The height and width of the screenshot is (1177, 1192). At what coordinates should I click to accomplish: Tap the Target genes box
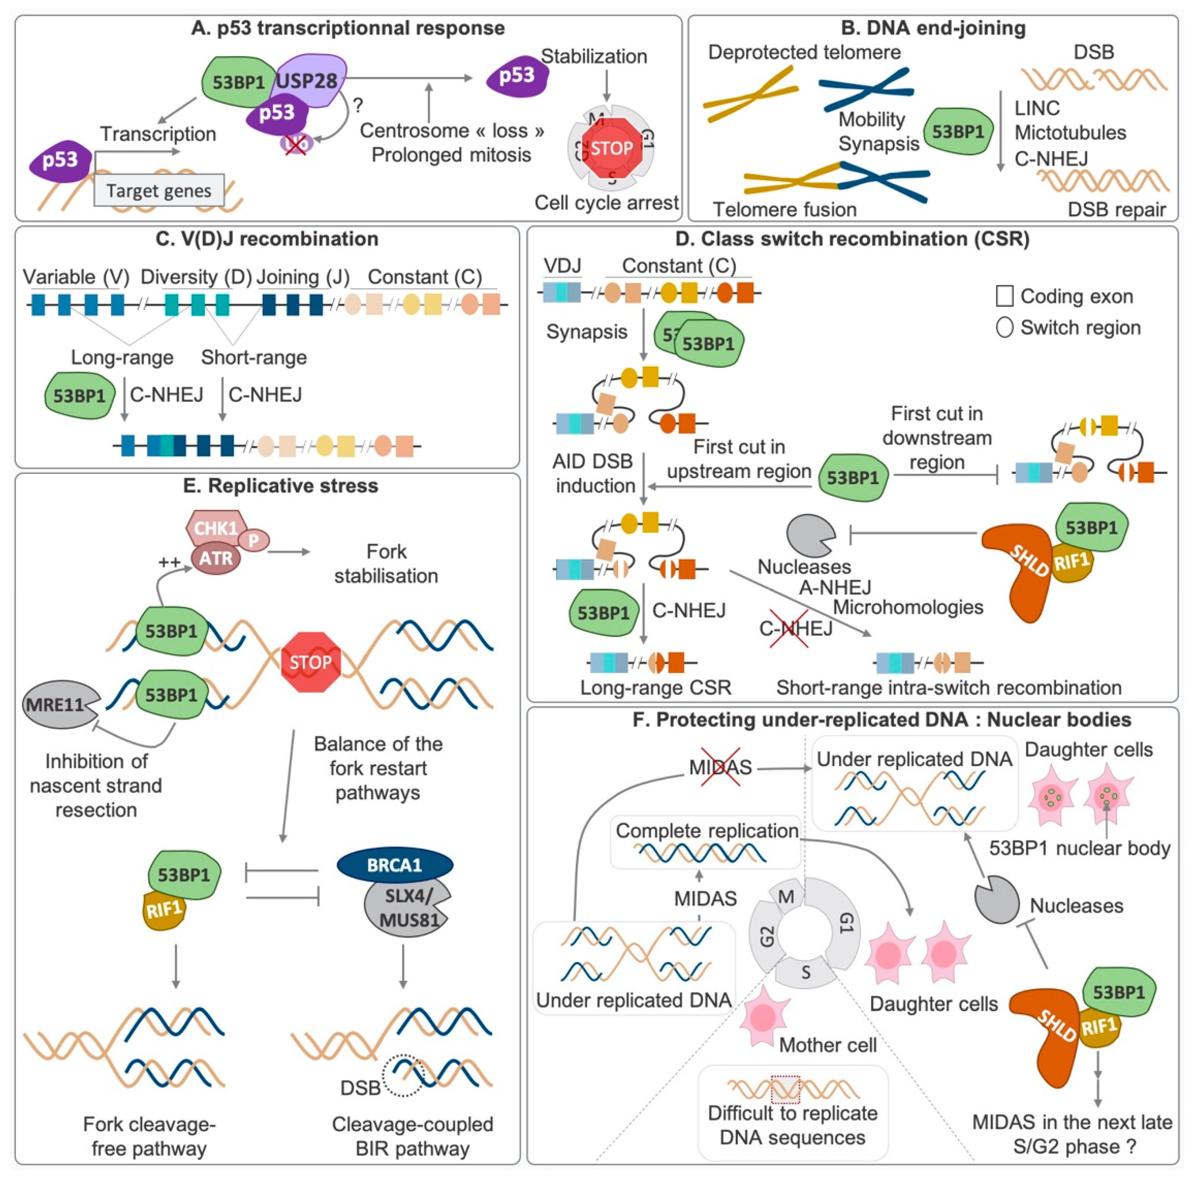click(159, 191)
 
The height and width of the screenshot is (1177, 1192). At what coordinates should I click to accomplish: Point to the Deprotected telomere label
click(804, 52)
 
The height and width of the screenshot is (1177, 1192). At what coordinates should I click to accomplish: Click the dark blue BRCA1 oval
click(395, 865)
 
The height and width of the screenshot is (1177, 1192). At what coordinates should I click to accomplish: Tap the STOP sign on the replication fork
click(310, 662)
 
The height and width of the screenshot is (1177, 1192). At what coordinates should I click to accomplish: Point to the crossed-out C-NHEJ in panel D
click(795, 628)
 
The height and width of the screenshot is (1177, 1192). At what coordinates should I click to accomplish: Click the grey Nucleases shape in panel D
click(809, 535)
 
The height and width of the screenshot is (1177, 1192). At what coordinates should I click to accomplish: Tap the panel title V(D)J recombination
click(267, 239)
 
